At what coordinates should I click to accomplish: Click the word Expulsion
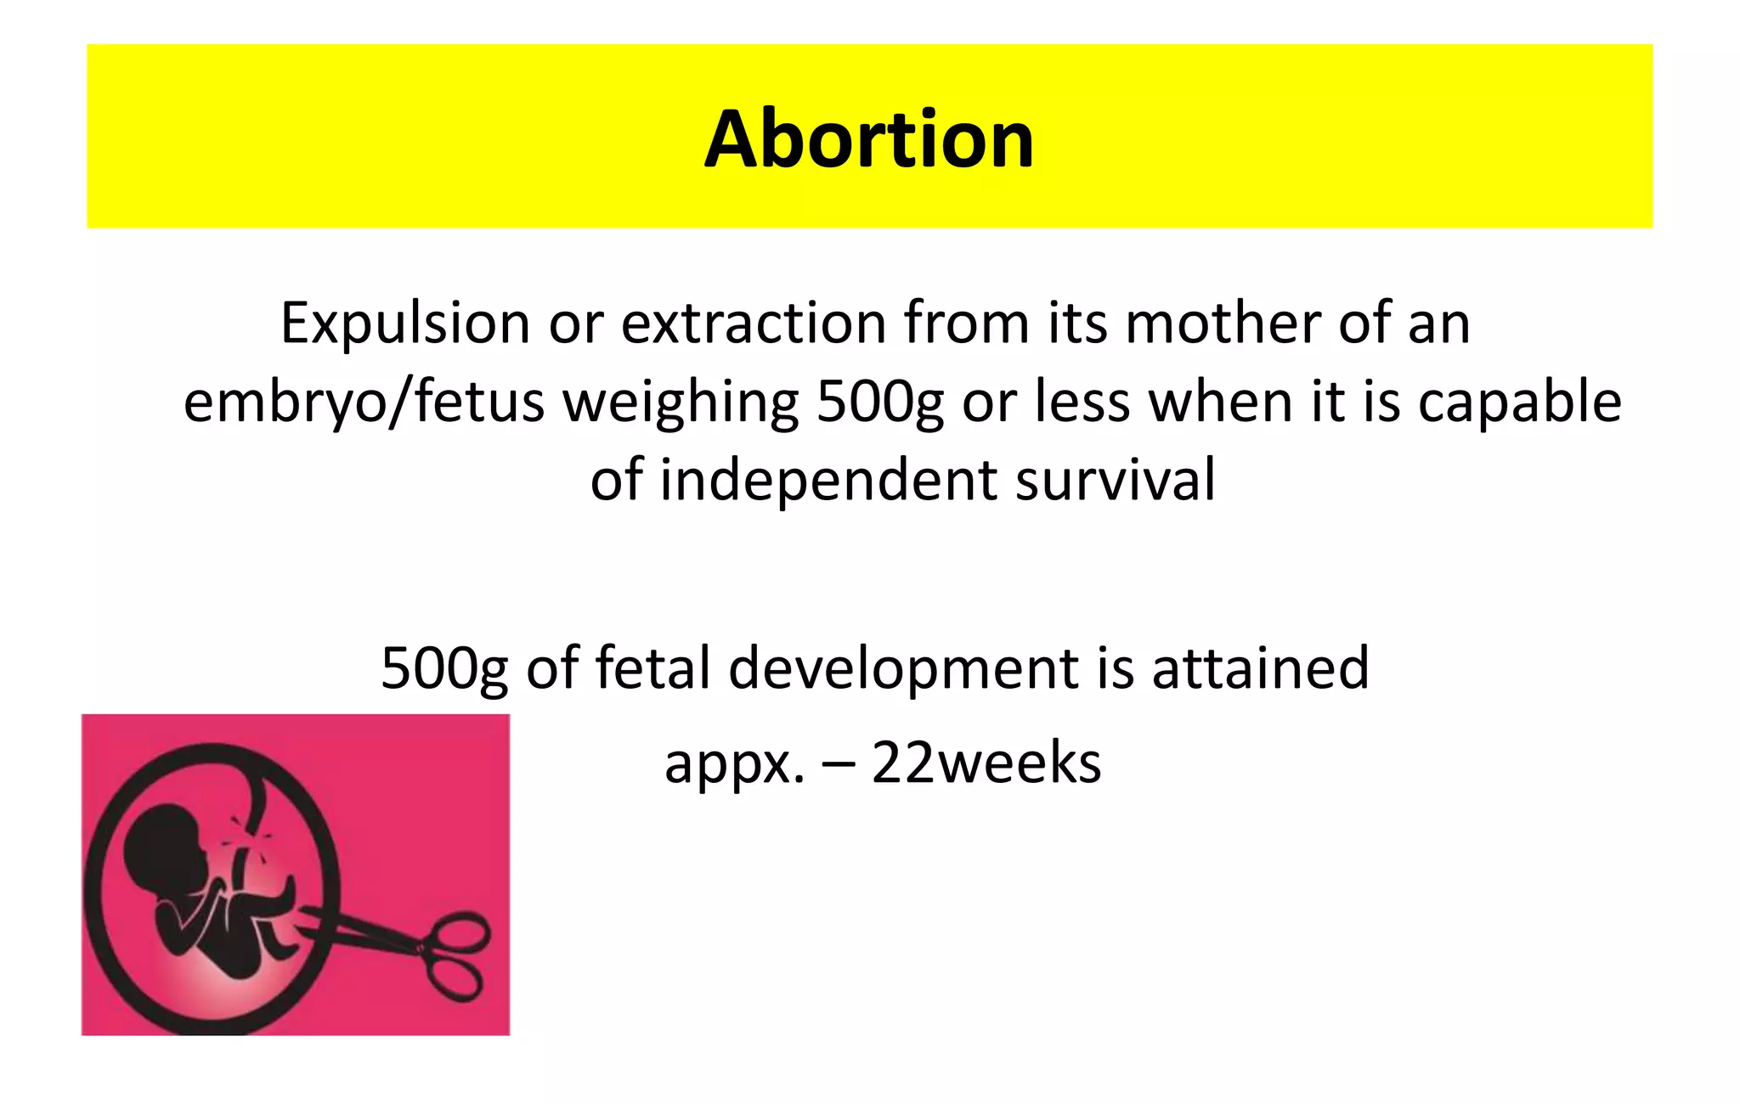(x=405, y=324)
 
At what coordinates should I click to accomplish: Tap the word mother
(x=1223, y=324)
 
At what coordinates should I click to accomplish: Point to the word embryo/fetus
(x=364, y=402)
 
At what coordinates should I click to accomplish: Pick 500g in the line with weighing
(x=879, y=402)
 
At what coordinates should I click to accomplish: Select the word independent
(x=828, y=480)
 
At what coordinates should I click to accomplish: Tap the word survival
(x=1116, y=480)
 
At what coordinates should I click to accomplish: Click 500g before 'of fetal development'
(x=443, y=668)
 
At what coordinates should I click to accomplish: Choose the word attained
(x=1260, y=668)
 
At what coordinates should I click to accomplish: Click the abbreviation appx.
(x=734, y=763)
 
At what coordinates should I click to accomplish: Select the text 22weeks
(x=986, y=763)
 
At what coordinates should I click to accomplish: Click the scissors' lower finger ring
(x=455, y=983)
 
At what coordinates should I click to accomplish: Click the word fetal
(x=652, y=668)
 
